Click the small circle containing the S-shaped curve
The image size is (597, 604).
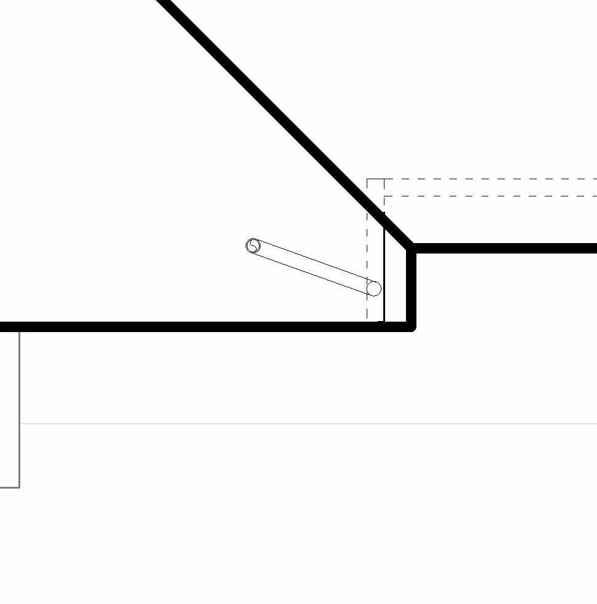(253, 246)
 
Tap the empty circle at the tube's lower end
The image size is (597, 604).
(373, 288)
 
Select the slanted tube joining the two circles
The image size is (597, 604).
(313, 268)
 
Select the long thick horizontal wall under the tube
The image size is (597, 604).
(184, 327)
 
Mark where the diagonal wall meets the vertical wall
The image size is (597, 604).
(410, 247)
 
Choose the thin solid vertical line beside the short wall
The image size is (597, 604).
(384, 270)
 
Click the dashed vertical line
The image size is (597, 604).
(367, 258)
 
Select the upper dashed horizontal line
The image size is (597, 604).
(491, 179)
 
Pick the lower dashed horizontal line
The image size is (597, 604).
(491, 196)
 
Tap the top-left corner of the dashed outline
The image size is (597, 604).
(367, 179)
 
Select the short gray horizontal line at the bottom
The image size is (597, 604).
(9, 487)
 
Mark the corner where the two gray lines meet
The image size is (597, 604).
(20, 487)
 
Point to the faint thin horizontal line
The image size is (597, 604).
(307, 424)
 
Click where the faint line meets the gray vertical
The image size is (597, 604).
(20, 424)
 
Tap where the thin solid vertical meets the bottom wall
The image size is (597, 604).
(384, 322)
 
